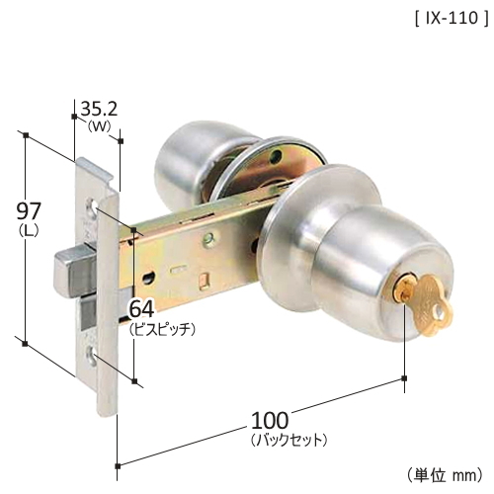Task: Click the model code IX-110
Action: (452, 19)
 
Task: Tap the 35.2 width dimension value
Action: (99, 109)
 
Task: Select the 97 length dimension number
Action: (29, 210)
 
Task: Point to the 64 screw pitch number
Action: (141, 309)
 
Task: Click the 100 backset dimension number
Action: (270, 420)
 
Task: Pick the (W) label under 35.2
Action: (100, 126)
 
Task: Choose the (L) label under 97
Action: (29, 230)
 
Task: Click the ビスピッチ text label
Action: (163, 329)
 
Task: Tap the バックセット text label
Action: (288, 440)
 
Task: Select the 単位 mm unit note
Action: (445, 475)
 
